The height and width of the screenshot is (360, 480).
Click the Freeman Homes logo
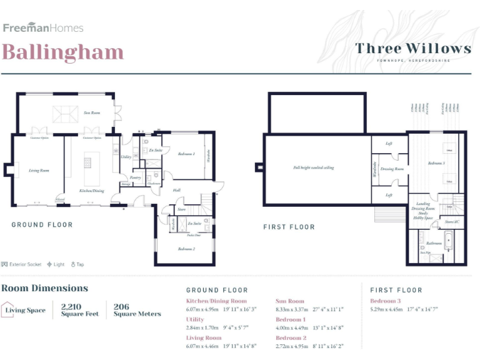[43, 27]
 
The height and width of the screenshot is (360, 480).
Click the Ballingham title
[62, 52]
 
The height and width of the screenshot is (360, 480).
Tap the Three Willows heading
[413, 48]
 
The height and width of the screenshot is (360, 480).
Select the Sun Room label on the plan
[92, 113]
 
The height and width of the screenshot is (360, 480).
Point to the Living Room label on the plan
[39, 170]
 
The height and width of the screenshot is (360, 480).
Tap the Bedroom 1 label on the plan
[186, 154]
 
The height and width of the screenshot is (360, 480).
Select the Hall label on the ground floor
[177, 190]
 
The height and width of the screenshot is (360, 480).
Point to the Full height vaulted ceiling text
[314, 167]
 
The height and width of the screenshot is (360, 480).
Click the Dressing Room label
[392, 169]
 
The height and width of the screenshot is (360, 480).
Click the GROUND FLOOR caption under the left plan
[42, 224]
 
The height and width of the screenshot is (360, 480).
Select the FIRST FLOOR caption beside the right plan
[289, 227]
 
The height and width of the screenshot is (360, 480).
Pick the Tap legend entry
[77, 264]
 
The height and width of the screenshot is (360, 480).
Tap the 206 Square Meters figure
[137, 310]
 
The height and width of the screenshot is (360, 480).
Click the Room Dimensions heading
[44, 288]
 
